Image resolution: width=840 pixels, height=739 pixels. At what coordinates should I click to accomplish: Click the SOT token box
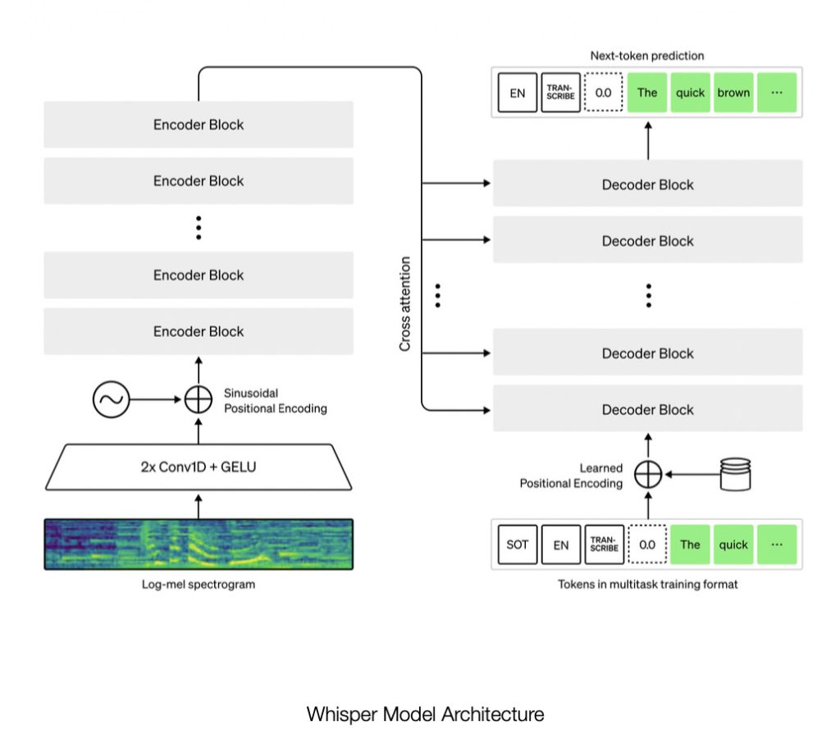tap(518, 545)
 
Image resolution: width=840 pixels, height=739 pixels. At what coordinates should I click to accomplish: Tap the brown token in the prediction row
tap(733, 93)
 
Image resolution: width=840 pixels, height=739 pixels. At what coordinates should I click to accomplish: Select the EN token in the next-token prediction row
tap(518, 93)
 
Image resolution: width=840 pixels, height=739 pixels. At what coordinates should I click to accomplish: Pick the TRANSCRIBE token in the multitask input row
tap(604, 545)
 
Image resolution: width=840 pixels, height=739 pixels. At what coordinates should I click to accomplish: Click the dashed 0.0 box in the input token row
tap(647, 545)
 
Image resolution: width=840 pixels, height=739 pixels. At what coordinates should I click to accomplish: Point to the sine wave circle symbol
tap(110, 400)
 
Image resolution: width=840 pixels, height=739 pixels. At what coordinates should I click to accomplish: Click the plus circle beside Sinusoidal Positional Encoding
tap(199, 400)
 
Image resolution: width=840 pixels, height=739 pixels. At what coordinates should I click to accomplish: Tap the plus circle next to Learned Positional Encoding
tap(648, 474)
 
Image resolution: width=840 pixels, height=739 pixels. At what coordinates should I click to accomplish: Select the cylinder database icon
tap(735, 473)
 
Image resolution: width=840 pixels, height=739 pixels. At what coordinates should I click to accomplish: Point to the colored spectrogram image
tap(199, 544)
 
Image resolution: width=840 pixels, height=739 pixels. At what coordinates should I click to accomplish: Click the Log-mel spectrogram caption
tap(199, 584)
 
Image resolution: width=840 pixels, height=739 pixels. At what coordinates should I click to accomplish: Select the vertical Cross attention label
tap(405, 303)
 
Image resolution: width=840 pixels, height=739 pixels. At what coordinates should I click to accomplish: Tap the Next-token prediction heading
tap(647, 56)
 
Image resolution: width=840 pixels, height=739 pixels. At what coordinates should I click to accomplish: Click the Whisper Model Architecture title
tap(425, 714)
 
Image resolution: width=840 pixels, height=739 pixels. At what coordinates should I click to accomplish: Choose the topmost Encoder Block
tap(199, 125)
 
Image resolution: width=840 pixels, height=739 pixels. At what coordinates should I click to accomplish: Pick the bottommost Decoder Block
tap(648, 409)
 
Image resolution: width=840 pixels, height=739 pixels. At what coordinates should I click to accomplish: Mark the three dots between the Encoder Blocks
tap(199, 227)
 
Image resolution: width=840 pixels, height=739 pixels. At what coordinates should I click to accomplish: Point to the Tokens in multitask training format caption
tap(647, 584)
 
